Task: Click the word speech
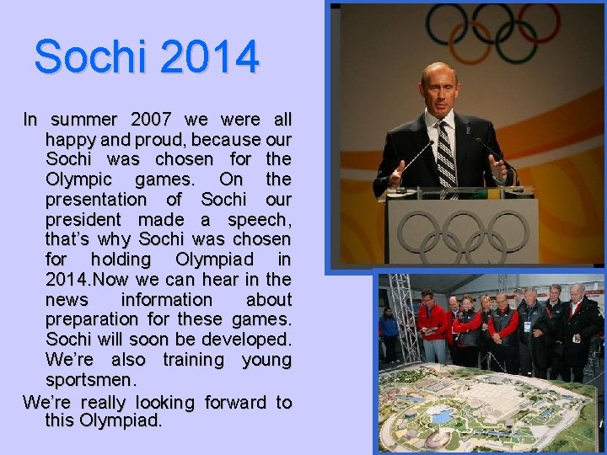(262, 220)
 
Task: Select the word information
(167, 300)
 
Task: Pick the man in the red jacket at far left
(432, 324)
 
